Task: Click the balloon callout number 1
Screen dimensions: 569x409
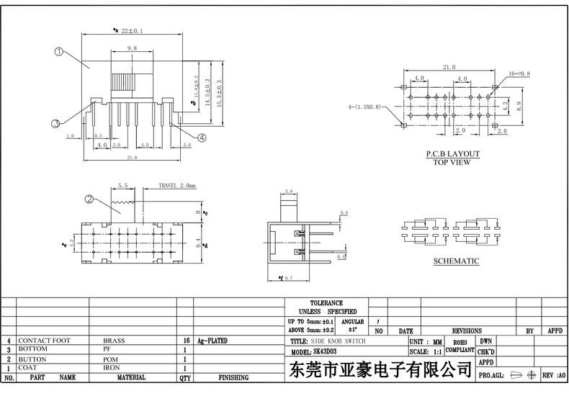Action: click(x=59, y=52)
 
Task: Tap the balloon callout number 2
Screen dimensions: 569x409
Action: click(x=89, y=199)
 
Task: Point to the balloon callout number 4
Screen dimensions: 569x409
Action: click(x=202, y=137)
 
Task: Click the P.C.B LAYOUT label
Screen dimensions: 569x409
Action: click(x=452, y=154)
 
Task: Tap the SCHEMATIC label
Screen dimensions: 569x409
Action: click(x=456, y=261)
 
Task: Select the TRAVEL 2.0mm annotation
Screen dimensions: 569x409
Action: click(x=177, y=186)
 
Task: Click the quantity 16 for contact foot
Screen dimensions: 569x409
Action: click(x=186, y=340)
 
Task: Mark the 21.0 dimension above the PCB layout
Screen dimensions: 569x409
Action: click(x=449, y=67)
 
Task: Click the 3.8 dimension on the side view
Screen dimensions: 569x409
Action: click(x=288, y=192)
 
